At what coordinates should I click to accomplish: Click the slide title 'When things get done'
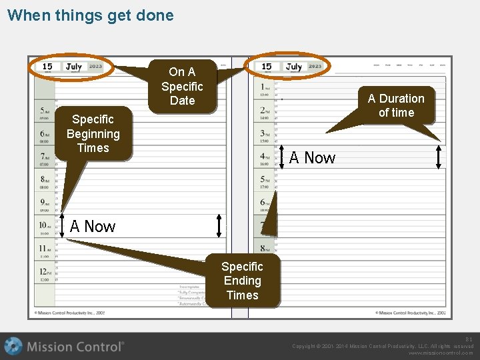coord(90,15)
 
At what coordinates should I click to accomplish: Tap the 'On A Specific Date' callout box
coord(182,86)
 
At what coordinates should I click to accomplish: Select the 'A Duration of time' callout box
coord(396,105)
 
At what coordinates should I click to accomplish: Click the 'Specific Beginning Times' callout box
coord(93,133)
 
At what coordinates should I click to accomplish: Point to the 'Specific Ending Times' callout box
coord(242,281)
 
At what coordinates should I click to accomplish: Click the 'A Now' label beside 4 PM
coord(312,158)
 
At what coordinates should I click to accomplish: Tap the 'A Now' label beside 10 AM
coord(93,227)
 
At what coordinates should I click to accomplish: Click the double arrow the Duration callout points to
coord(438,157)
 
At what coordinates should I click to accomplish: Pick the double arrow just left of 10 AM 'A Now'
coord(61,225)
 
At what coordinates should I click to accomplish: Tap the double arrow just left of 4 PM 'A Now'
coord(283,158)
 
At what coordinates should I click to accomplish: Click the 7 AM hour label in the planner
coord(44,157)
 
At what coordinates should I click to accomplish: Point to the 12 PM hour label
coord(44,272)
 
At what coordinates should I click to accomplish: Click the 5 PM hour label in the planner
coord(265,181)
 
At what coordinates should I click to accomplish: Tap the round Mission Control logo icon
coord(13,346)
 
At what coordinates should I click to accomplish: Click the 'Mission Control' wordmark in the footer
coord(75,347)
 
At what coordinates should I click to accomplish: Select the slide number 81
coord(469,339)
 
